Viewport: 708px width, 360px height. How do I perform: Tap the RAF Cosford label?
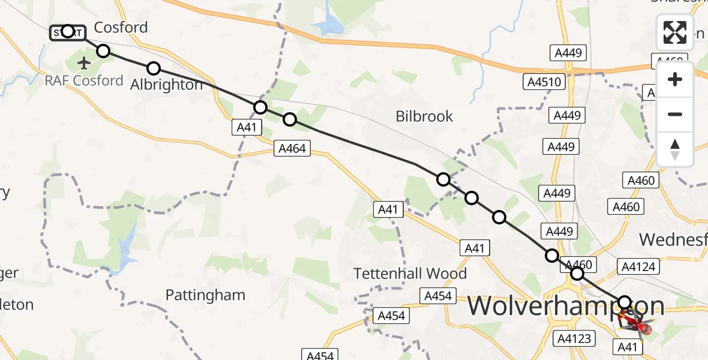coord(85,80)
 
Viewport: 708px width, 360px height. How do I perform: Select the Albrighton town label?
coord(167,85)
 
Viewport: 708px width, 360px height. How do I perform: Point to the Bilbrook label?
coord(424,116)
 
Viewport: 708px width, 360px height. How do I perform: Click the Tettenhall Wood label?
coord(410,274)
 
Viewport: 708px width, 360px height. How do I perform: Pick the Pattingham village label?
coord(205,295)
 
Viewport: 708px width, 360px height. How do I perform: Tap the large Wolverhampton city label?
coord(565,306)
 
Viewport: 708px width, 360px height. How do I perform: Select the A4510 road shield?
coord(544,81)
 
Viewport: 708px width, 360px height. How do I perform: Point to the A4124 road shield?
coord(639,266)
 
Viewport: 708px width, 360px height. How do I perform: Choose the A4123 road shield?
coord(574,338)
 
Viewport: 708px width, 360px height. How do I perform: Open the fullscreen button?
coord(675,32)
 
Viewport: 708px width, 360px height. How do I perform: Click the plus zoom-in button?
coord(675,79)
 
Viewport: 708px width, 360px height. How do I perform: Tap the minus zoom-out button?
coord(675,114)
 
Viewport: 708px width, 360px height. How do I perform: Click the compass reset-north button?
coord(675,149)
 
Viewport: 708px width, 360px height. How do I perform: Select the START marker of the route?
coord(67,31)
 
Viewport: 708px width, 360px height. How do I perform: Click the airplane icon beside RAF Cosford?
coord(83,62)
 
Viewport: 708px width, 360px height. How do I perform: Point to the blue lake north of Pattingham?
coord(127,248)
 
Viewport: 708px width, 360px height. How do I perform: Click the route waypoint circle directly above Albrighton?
coord(154,68)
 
